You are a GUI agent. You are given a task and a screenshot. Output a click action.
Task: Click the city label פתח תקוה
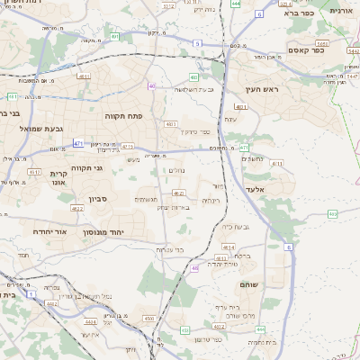[130, 116]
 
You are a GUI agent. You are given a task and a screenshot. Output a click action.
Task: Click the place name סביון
[97, 200]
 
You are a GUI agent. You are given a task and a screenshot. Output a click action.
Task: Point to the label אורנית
[342, 11]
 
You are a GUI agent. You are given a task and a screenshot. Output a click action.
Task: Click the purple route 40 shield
[151, 86]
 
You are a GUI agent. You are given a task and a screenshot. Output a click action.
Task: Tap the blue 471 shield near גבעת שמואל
[78, 143]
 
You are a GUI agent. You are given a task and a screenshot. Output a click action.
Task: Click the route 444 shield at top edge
[235, 4]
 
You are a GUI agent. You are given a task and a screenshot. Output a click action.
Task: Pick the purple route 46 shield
[195, 267]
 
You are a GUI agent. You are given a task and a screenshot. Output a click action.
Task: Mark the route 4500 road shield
[149, 318]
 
